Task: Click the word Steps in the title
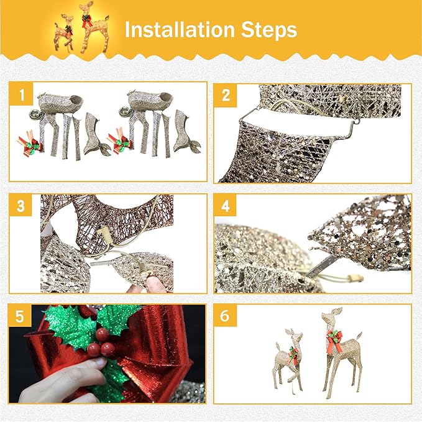268,30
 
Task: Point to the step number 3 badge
22,206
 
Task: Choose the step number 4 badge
225,206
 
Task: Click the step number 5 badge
22,316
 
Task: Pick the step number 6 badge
225,316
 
